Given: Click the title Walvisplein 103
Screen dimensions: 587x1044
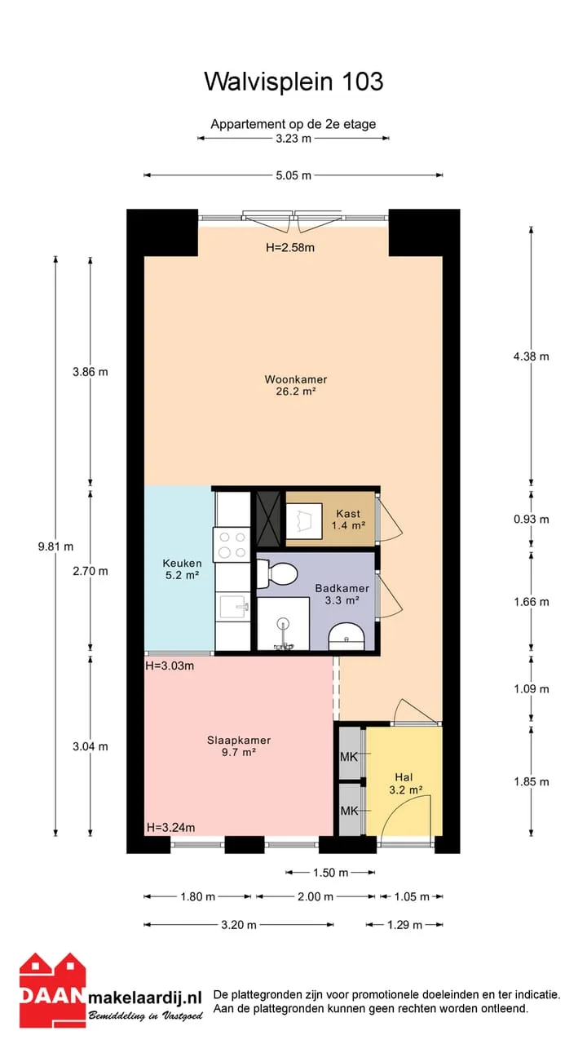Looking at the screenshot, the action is (x=293, y=82).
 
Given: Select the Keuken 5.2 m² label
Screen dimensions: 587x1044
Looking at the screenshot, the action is (x=182, y=569).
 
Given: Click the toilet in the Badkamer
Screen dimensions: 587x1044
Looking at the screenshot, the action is (x=277, y=573).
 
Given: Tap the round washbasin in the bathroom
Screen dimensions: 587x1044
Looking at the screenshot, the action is (x=346, y=635).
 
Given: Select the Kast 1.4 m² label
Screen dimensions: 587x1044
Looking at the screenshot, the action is (x=348, y=520).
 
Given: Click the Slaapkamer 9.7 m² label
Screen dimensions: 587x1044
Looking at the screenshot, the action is (x=239, y=745).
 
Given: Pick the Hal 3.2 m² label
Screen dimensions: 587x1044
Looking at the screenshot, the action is (x=405, y=784).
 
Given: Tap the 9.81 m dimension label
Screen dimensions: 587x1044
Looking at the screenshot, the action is (x=55, y=546).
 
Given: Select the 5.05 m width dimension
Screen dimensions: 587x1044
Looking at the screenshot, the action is (x=293, y=175).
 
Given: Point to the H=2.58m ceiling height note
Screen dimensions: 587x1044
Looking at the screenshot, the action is (x=290, y=247).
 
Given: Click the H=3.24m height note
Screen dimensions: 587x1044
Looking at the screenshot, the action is (x=170, y=827).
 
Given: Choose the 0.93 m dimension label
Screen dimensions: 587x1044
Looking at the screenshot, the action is (x=532, y=520).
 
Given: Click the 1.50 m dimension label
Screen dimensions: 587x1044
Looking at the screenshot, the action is (x=331, y=873).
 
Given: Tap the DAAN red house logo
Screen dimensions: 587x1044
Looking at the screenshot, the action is (x=52, y=989).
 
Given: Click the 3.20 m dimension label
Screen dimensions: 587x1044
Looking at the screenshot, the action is (x=239, y=925).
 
